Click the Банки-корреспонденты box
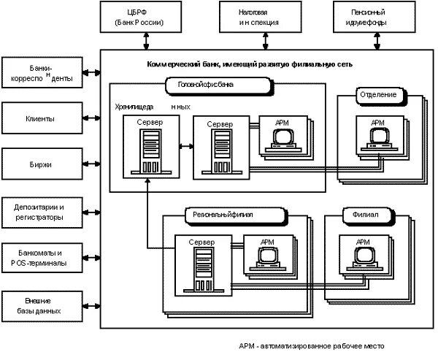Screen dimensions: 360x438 point(42,73)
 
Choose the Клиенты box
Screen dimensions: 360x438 point(42,118)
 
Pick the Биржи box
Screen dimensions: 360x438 point(42,164)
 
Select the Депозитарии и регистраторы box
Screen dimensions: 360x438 point(42,212)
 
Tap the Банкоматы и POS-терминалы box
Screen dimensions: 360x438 point(42,257)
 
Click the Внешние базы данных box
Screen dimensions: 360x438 point(42,305)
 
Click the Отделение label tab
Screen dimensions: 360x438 point(377,96)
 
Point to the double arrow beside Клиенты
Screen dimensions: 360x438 point(91,118)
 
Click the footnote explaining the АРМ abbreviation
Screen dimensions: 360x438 point(310,346)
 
